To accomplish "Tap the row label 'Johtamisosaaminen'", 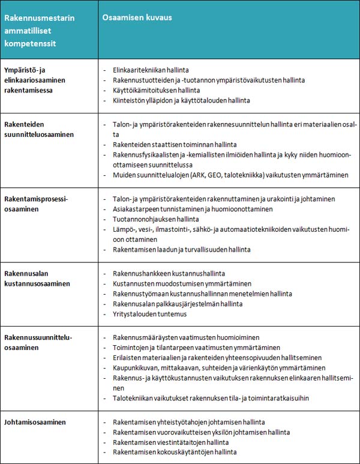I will click(35, 422).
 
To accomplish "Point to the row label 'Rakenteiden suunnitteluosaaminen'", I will click(39, 129).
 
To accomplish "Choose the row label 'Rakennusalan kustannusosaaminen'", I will click(37, 278).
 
